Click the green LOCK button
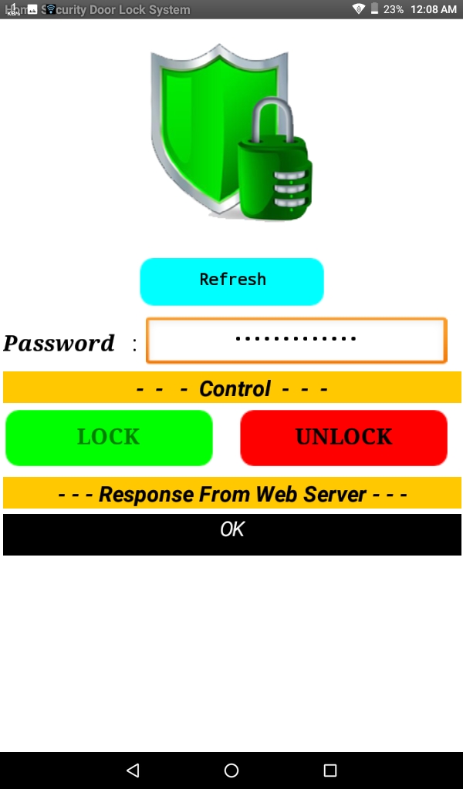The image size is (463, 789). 109,437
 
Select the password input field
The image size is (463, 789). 296,340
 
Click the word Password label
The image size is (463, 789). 59,343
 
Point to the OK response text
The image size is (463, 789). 232,529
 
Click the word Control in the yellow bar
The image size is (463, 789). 235,388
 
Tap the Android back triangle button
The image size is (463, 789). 133,770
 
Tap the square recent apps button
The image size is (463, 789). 330,770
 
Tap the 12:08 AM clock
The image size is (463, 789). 434,9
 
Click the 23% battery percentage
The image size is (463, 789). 394,9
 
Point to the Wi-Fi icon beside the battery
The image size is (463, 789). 358,9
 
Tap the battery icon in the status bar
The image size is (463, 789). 374,9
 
